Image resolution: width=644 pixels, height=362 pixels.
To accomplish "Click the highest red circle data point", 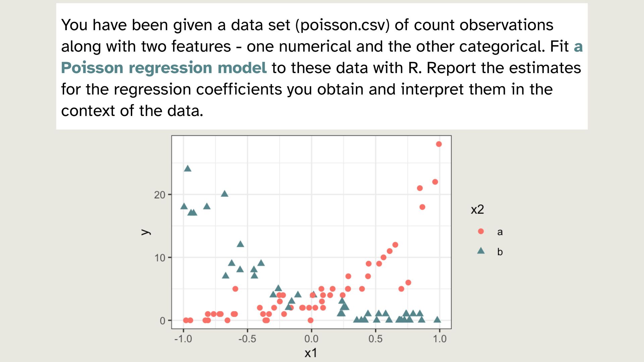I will [x=439, y=144].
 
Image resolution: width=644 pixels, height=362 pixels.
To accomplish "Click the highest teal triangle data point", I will [x=188, y=169].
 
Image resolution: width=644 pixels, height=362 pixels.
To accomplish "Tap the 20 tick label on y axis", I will [x=160, y=195].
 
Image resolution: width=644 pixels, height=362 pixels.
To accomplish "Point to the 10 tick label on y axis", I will [x=160, y=258].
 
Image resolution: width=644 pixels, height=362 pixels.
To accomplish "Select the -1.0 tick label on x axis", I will [x=183, y=339].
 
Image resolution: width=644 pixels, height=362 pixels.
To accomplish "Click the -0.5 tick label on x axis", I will [x=247, y=339].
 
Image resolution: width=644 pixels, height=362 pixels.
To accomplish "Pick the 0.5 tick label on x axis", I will [x=375, y=339].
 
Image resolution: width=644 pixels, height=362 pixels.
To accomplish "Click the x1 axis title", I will [x=311, y=353].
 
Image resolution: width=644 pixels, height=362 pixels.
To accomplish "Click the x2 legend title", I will [x=477, y=209].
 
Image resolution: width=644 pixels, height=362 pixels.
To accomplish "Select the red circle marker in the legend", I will [x=481, y=231].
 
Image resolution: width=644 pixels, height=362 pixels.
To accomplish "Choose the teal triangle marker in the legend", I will [x=481, y=251].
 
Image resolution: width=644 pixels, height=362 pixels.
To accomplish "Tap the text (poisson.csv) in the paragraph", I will [x=342, y=25].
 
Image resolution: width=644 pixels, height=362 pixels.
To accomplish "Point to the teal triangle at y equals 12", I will [x=240, y=244].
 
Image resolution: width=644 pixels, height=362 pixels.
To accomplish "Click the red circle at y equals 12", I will [x=395, y=245].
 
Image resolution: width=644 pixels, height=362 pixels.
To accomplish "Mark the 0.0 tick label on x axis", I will [x=311, y=339].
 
